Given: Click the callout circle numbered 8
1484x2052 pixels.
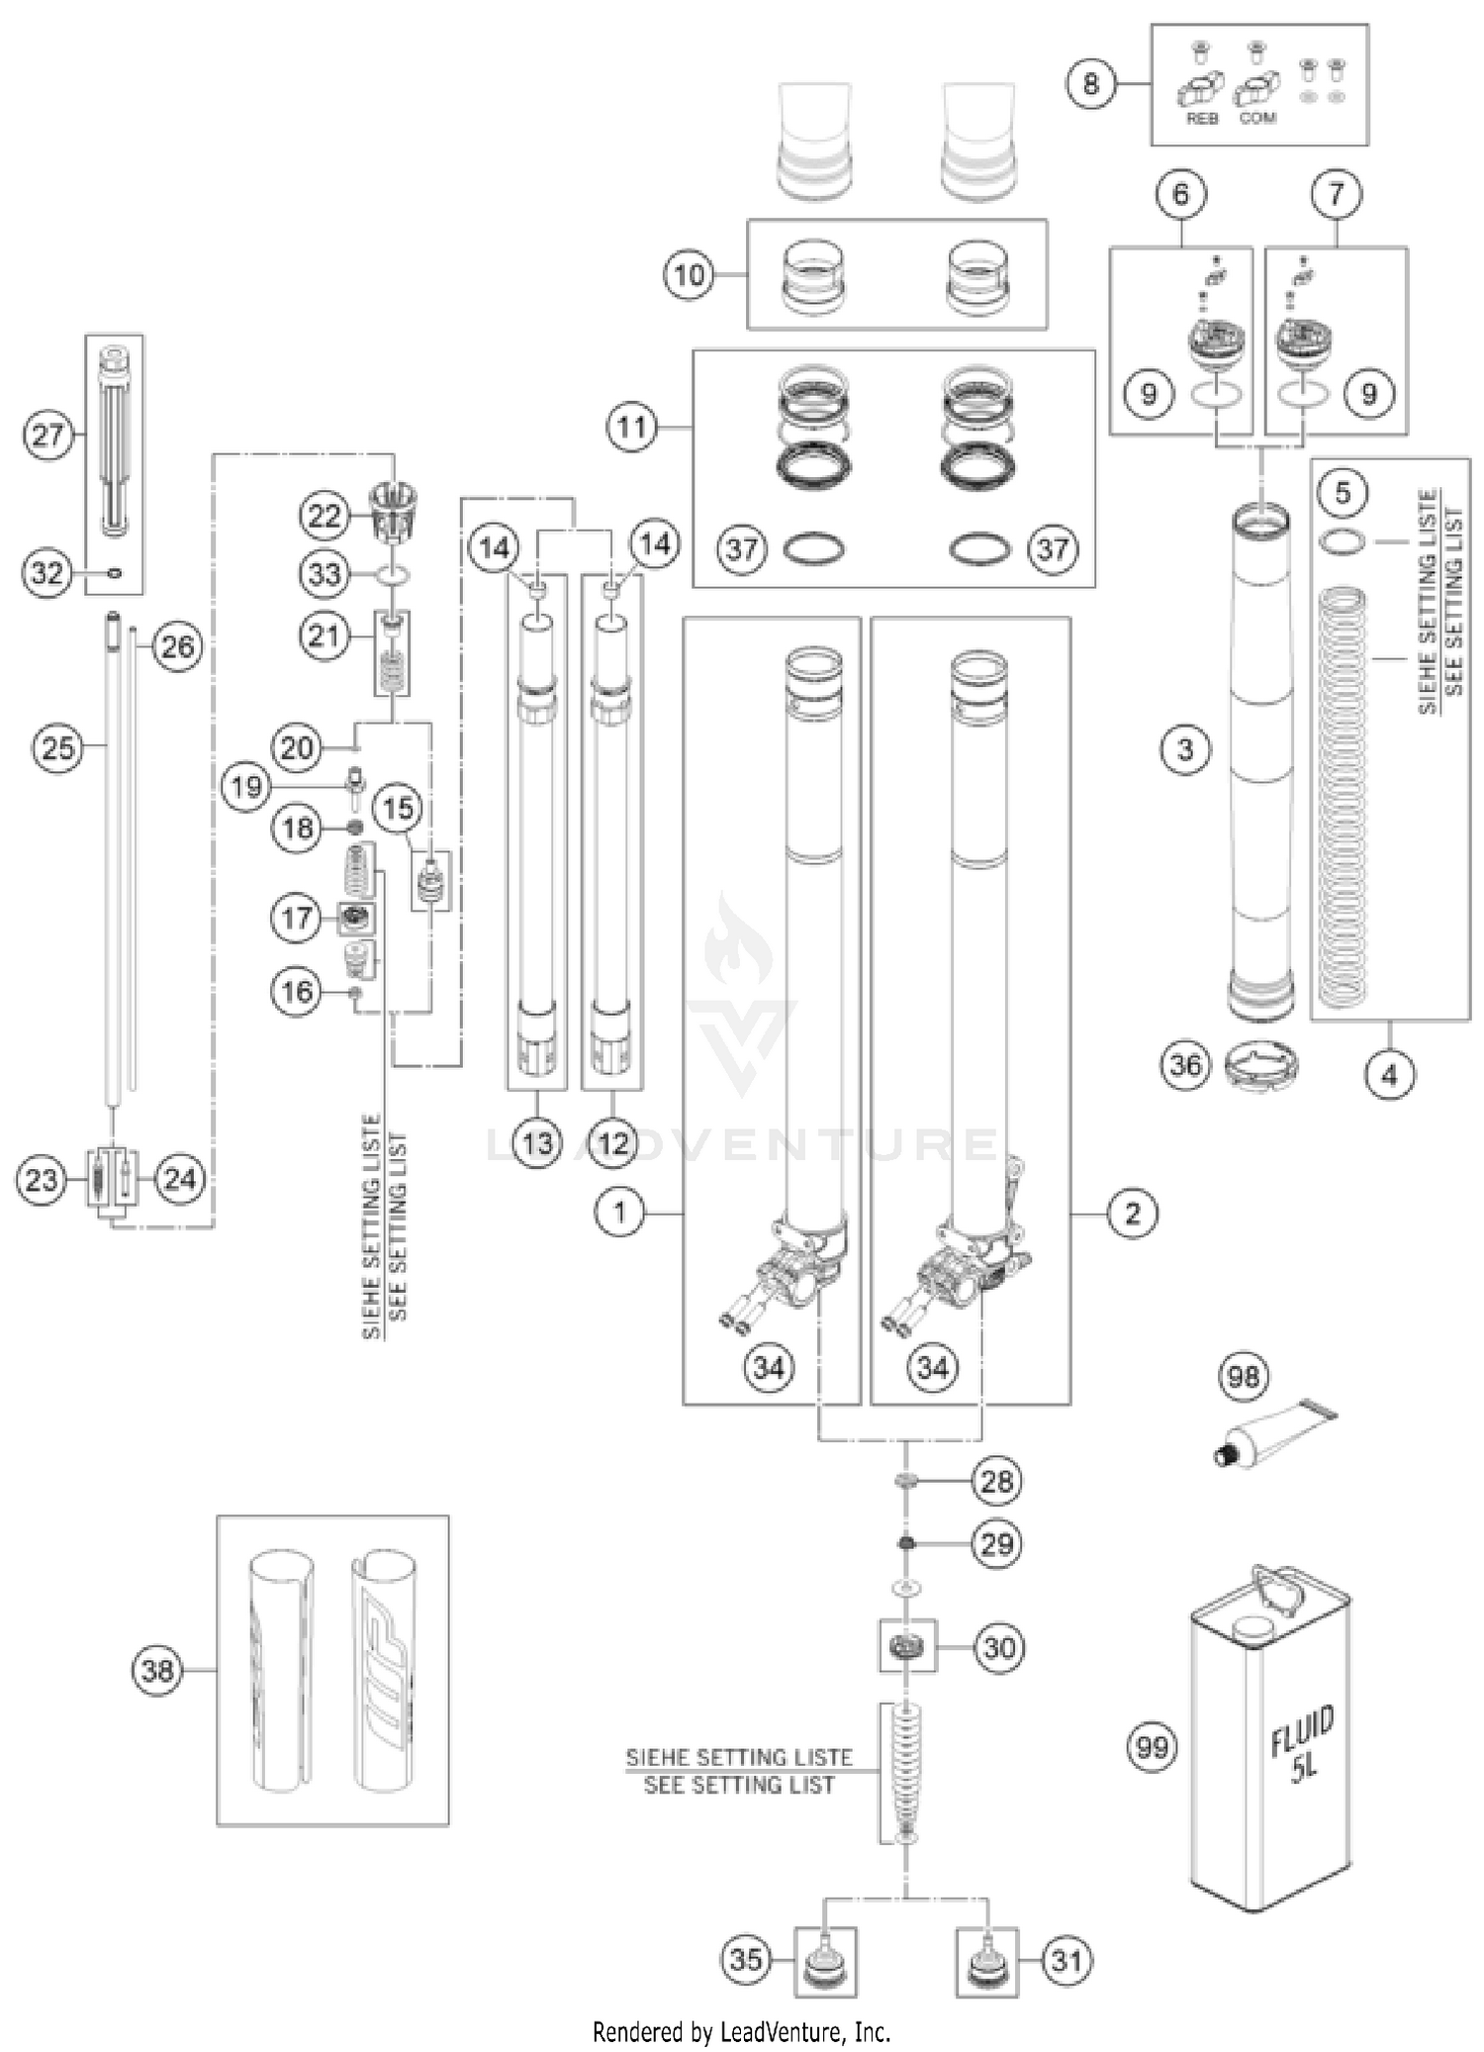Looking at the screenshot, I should (1090, 83).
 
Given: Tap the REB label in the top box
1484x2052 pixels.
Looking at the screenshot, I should (1202, 118).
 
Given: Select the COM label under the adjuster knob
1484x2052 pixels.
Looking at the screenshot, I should (1257, 118).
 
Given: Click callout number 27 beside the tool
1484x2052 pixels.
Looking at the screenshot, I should (47, 435).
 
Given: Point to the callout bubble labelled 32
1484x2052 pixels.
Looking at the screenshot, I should (46, 572).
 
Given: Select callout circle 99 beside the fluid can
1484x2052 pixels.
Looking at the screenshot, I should (1152, 1747).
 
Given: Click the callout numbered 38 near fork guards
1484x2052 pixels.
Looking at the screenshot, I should (158, 1671).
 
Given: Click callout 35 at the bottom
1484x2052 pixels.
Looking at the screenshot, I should (746, 1959).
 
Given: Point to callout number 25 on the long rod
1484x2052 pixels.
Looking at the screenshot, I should (57, 746).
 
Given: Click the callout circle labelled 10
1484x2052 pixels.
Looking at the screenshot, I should (689, 274).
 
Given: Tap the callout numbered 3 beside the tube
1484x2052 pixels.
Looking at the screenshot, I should (1185, 749).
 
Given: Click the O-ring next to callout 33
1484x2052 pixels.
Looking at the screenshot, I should (394, 574).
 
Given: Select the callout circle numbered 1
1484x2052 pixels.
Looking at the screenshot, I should (620, 1212).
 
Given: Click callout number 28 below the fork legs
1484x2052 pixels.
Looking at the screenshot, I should (996, 1481).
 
